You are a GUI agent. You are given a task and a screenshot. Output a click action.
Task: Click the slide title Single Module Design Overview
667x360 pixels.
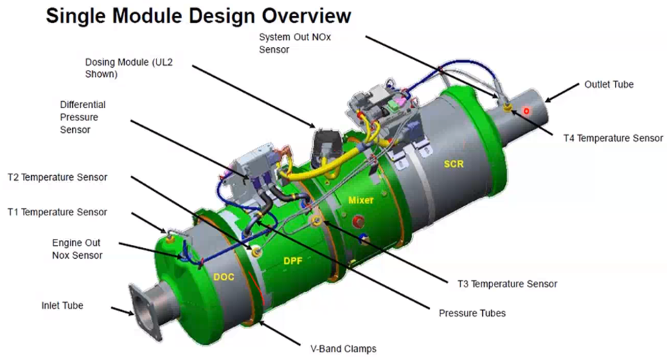(198, 16)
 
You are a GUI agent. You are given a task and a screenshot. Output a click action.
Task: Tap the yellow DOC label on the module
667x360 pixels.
(224, 277)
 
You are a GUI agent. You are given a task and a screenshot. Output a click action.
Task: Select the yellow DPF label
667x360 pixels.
(293, 260)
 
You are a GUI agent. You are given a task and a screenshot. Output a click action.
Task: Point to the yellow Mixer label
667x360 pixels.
(361, 200)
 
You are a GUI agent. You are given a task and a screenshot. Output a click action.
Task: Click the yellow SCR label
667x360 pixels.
(454, 164)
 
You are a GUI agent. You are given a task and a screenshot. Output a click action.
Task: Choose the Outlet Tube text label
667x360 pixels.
(609, 84)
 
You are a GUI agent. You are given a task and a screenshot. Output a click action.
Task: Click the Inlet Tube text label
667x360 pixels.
(62, 305)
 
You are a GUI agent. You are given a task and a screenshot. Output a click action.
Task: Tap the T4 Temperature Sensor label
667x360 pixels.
(613, 138)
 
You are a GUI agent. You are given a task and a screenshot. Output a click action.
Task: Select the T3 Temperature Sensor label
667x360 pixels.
(507, 283)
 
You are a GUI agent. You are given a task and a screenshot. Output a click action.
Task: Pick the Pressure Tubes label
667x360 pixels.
(472, 313)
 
